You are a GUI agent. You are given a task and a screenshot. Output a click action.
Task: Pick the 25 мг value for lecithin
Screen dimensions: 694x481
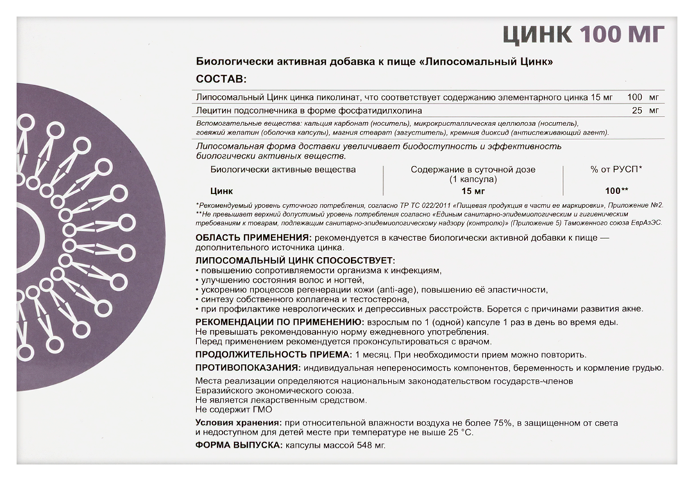646,110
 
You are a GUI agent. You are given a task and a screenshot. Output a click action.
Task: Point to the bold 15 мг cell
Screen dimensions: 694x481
472,190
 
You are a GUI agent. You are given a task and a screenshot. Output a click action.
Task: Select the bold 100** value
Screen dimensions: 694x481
616,190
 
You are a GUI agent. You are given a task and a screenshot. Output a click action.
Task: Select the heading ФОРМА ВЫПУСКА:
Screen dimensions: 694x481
236,445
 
